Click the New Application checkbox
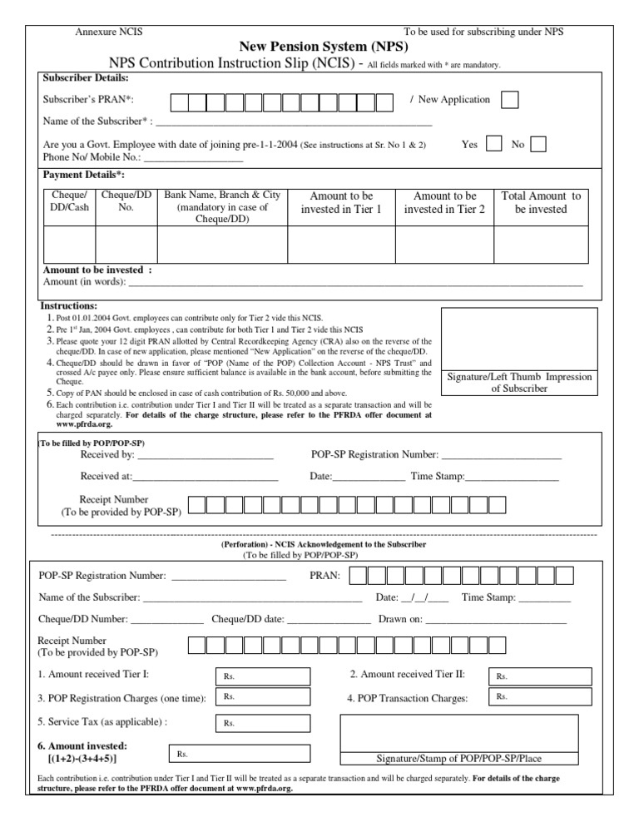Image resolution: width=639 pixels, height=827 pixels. point(511,100)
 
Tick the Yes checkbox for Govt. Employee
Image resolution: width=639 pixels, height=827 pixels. point(493,144)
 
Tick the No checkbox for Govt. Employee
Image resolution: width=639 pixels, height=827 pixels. point(538,144)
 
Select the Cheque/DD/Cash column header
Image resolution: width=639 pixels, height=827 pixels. point(69,201)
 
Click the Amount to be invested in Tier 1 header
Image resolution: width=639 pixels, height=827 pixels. point(341,203)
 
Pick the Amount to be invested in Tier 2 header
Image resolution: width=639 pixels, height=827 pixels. point(444,203)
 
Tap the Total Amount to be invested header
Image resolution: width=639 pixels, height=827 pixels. point(541,203)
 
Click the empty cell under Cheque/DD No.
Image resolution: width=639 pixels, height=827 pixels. point(126,244)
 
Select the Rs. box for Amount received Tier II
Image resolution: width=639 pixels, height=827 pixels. point(542,676)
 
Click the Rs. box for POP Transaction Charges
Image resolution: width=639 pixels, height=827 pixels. point(542,697)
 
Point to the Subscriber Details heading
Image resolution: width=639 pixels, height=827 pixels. point(86,78)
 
